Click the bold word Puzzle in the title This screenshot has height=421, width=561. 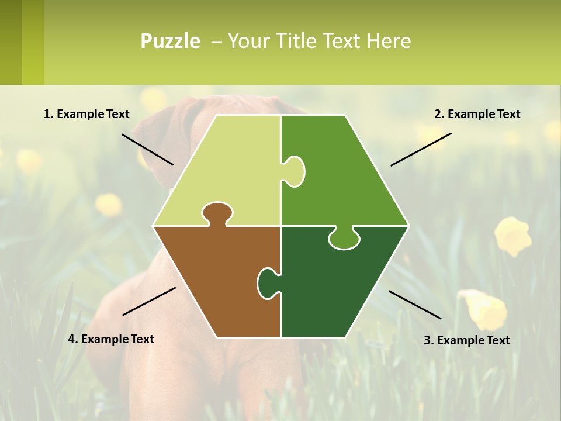tap(170, 41)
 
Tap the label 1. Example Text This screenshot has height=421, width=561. tap(86, 114)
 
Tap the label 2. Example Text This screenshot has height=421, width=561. tap(477, 114)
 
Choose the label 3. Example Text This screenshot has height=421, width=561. tap(466, 340)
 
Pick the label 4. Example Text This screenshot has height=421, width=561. tap(110, 339)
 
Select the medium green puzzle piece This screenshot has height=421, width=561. tap(339, 175)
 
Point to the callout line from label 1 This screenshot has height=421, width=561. tap(147, 149)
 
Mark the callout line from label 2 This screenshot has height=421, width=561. tap(421, 149)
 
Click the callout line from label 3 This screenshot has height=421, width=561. tap(415, 305)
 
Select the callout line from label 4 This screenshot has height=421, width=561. tap(149, 301)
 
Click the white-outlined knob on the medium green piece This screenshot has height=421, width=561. tap(295, 171)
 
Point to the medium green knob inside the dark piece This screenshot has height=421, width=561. tap(344, 238)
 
